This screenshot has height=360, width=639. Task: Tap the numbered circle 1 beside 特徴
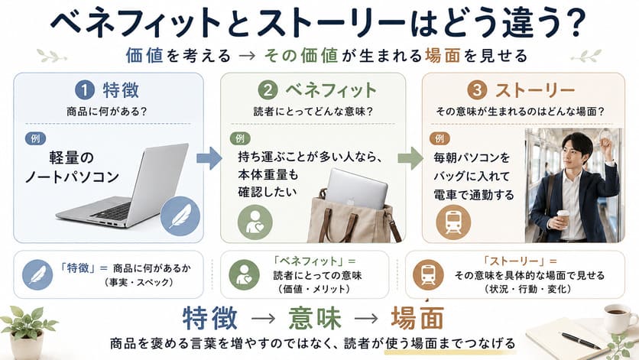coord(84,90)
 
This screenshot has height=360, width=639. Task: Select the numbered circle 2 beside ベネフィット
coord(268,90)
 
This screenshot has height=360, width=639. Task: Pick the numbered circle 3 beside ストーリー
coord(476,90)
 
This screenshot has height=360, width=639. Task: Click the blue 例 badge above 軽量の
coord(35,138)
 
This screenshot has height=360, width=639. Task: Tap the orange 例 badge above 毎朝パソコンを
coord(440,138)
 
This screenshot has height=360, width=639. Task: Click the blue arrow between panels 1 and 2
coord(209,158)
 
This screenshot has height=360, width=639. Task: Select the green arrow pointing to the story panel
coord(410,158)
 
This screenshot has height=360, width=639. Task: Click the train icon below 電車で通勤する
coord(453,222)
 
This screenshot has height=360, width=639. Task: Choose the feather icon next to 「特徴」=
coord(37,274)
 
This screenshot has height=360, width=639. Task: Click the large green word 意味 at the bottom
coord(314,318)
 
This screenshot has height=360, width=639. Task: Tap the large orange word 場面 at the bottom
coord(417,318)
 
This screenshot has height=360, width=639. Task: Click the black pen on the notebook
coord(580,340)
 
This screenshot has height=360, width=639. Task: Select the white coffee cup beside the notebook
coord(619,317)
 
